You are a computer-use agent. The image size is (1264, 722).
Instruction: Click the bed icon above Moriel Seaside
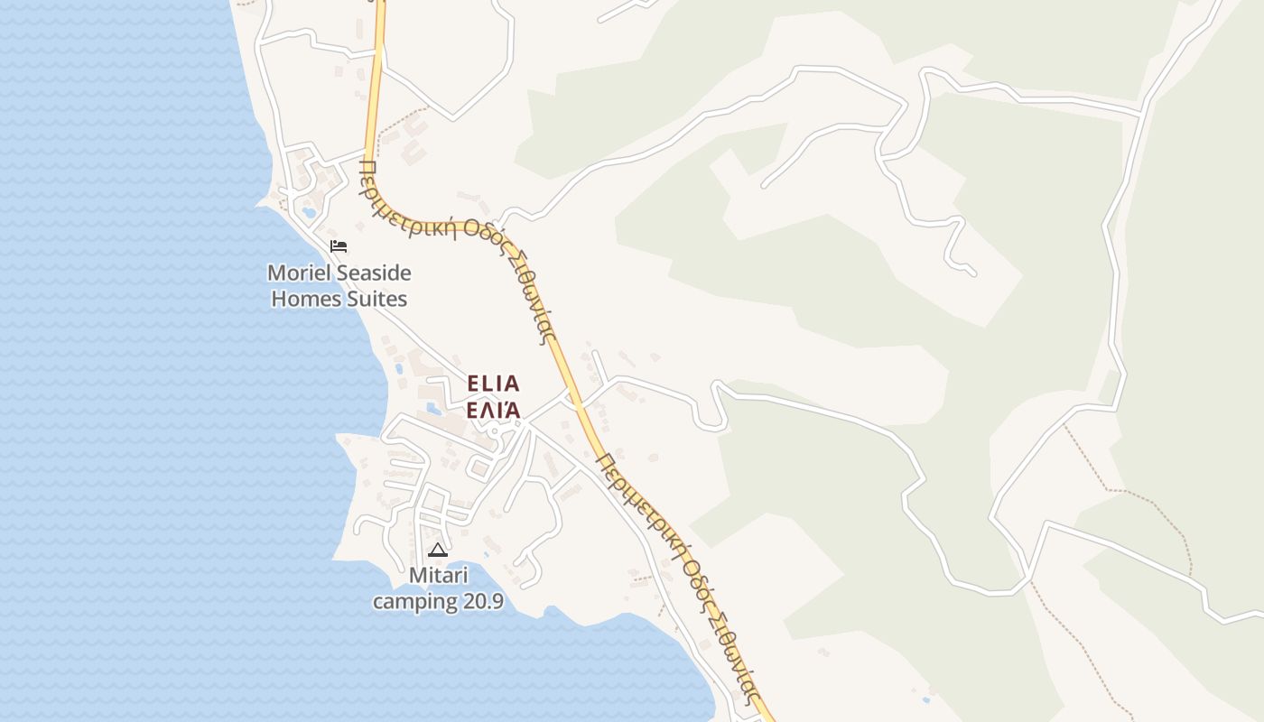click(x=339, y=245)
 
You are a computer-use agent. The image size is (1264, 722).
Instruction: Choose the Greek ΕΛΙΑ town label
click(x=493, y=410)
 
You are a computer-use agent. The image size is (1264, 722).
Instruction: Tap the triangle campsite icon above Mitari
click(x=438, y=550)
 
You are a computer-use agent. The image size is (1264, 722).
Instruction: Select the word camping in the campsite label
click(x=414, y=601)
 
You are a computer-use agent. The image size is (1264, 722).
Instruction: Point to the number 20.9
click(x=482, y=601)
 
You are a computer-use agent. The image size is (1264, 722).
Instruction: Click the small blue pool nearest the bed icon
click(x=310, y=214)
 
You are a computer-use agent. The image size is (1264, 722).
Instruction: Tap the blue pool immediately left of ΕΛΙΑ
click(x=434, y=409)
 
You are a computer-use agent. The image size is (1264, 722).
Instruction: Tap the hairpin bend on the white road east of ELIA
click(x=718, y=388)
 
